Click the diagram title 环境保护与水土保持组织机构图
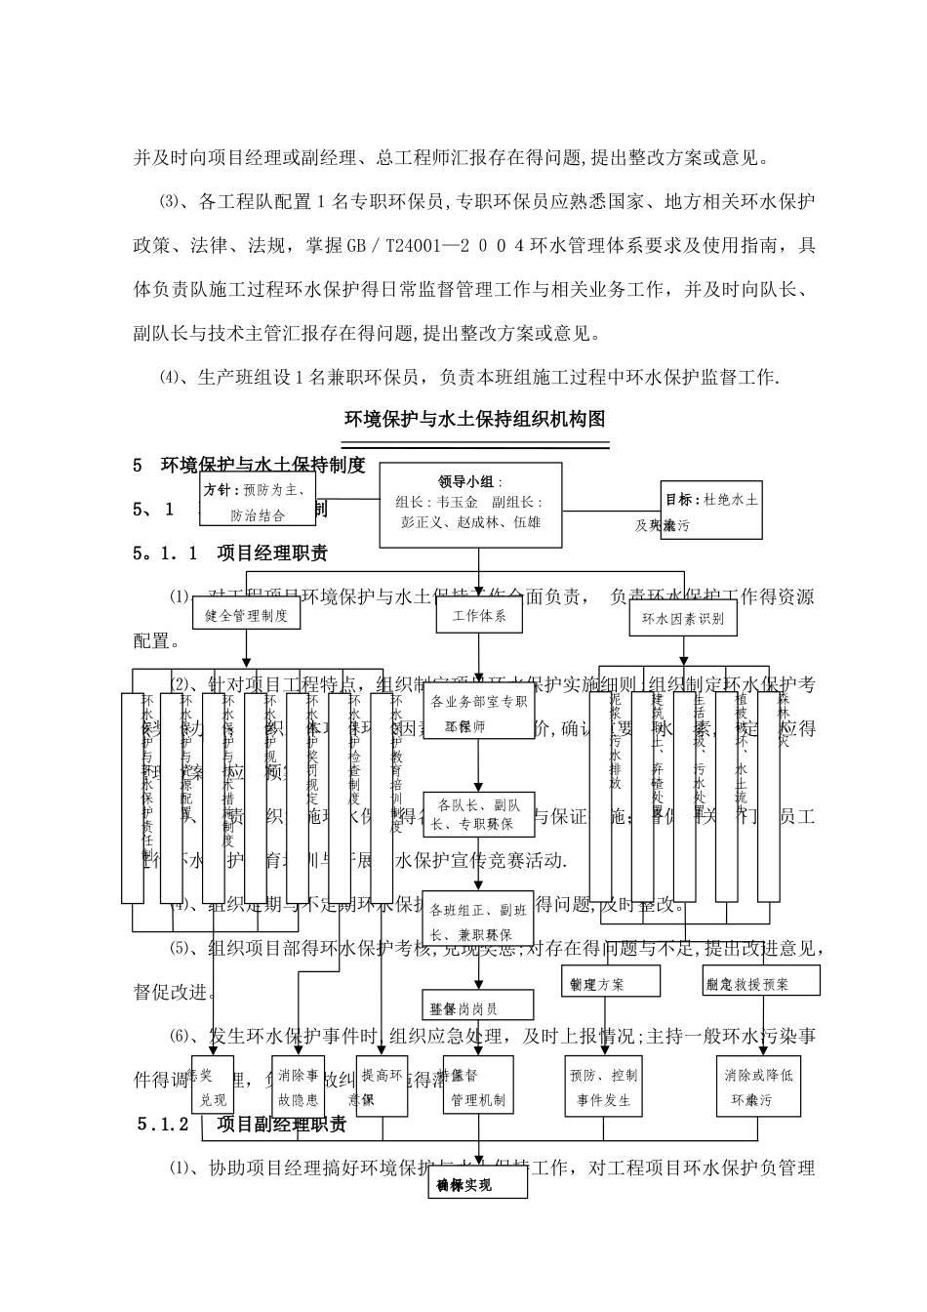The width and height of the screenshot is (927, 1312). click(x=475, y=420)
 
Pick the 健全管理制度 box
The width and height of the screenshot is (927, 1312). click(x=246, y=616)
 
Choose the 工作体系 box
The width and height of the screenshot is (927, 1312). click(x=479, y=616)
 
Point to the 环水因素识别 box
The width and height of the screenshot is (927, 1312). click(x=682, y=618)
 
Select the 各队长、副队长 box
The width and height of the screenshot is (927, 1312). click(x=478, y=814)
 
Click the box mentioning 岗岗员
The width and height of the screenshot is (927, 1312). click(x=478, y=1005)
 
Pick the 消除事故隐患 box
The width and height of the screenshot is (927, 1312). click(x=298, y=1087)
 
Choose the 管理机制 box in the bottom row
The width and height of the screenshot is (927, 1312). click(x=478, y=1087)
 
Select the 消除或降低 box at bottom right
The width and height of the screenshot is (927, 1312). click(x=758, y=1087)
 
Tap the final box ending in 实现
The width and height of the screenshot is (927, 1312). click(x=478, y=1184)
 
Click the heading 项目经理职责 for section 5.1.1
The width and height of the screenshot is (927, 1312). click(x=272, y=553)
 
